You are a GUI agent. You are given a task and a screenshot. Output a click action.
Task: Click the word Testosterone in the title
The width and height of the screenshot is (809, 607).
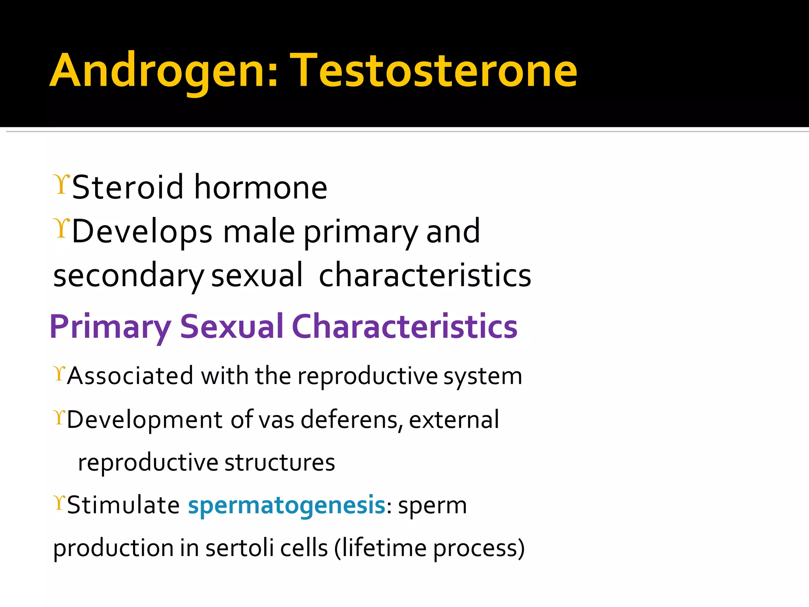point(434,71)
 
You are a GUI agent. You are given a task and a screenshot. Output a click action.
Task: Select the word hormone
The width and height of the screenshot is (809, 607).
point(261,187)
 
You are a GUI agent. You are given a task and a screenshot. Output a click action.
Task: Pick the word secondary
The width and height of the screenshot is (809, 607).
point(128,276)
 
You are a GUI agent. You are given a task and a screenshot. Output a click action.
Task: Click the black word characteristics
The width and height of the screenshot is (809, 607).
point(425,276)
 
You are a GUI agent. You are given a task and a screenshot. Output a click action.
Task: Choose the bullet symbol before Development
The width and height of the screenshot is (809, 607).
point(59,417)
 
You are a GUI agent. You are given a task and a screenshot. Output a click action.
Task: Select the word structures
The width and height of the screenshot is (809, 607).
point(280,463)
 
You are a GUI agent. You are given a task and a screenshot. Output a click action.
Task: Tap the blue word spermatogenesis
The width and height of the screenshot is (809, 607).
point(287,506)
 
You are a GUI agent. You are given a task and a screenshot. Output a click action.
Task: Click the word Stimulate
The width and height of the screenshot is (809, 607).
point(124,505)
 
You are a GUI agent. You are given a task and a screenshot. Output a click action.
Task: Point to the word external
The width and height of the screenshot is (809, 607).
point(454,420)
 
